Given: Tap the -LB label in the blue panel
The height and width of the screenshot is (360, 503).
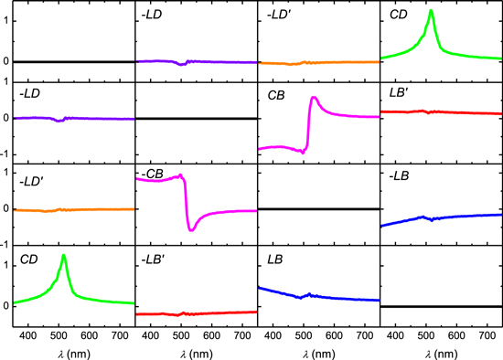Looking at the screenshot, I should click(400, 175).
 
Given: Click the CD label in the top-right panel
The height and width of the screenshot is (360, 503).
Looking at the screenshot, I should click(398, 15).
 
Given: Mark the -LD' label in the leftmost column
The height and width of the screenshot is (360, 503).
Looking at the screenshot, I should click(31, 175).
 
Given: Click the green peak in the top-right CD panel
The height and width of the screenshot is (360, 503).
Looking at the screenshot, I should click(431, 12).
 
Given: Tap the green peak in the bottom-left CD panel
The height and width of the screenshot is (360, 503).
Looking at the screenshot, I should click(63, 256).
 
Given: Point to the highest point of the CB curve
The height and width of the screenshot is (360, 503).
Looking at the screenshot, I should click(314, 97).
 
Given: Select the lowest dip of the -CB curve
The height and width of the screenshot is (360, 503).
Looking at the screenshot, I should click(191, 229).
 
